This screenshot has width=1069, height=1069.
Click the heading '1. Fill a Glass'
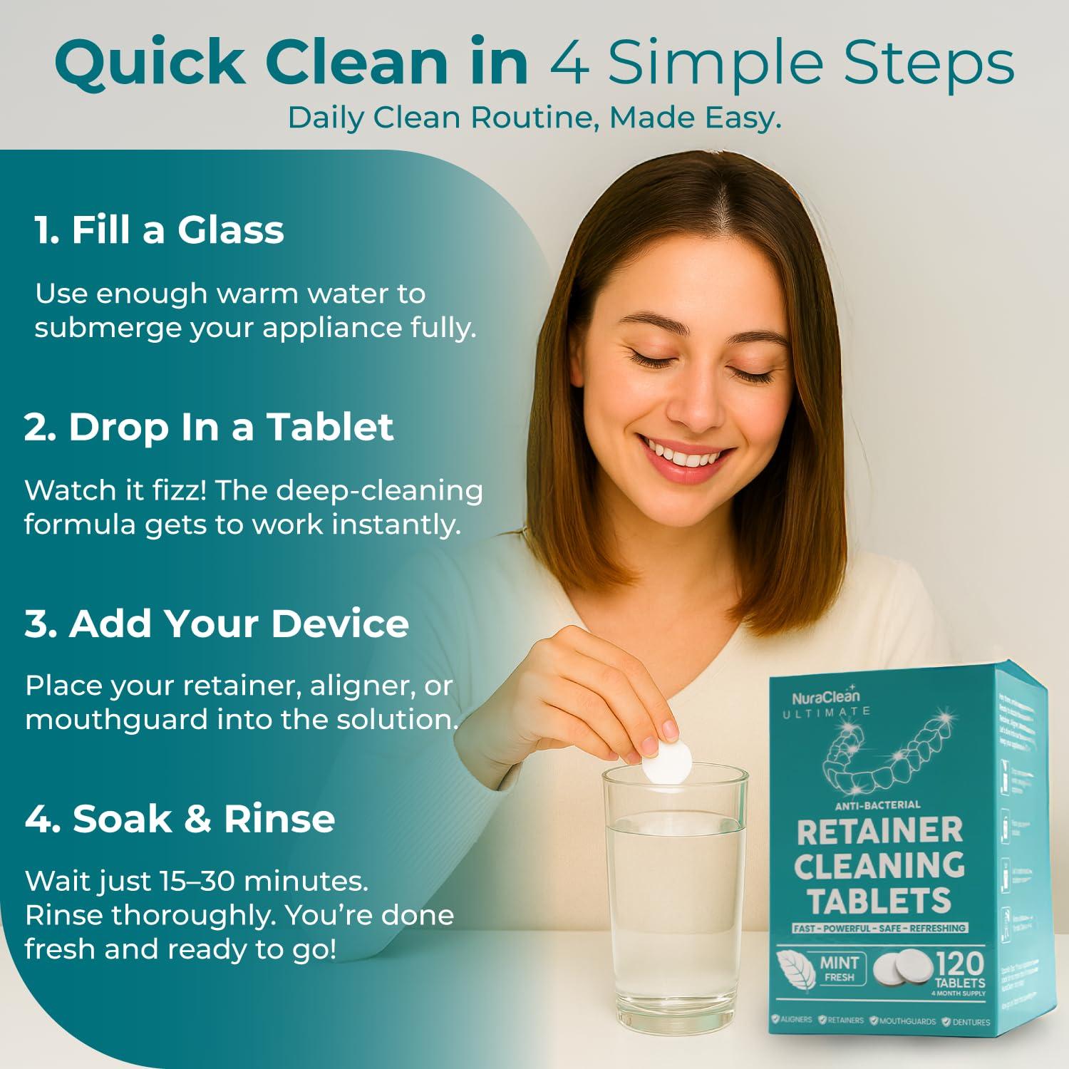tap(159, 230)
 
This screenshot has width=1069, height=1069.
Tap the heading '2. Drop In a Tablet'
tap(209, 427)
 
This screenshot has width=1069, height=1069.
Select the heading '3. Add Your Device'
tap(217, 624)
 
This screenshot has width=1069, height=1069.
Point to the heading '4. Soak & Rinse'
tap(180, 818)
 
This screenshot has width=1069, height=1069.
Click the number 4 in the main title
tap(569, 63)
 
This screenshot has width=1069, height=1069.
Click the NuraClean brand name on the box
tap(826, 697)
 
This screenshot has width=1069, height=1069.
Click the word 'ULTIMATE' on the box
tap(827, 711)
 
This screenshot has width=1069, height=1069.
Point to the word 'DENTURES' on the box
tap(971, 1021)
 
